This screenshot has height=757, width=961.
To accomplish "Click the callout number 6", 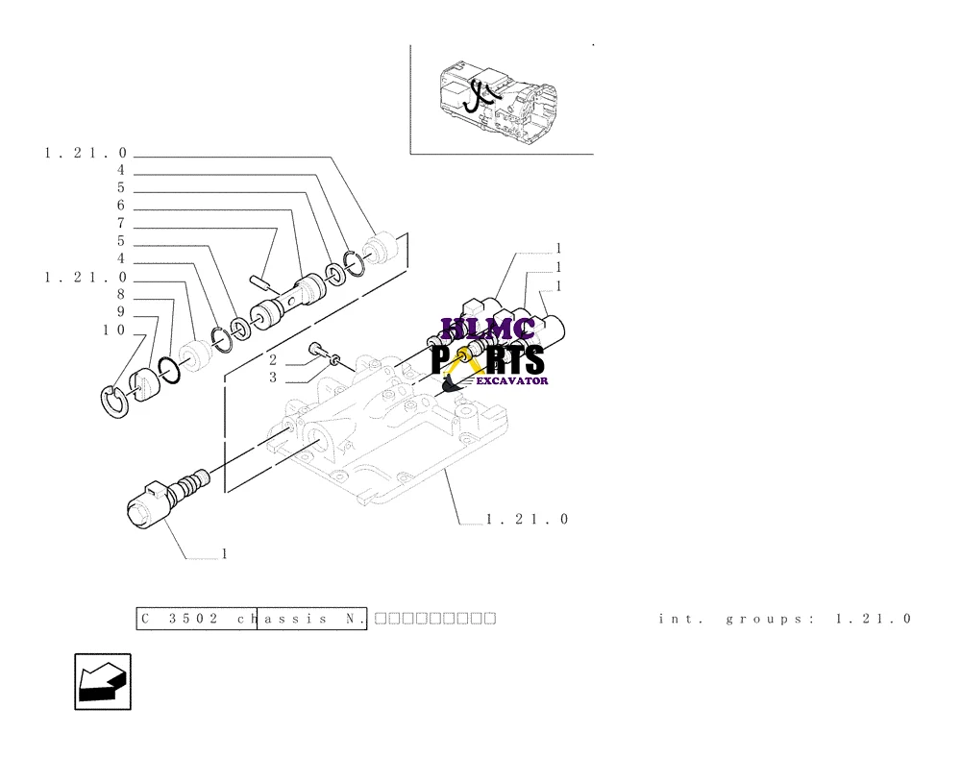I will pyautogui.click(x=121, y=206).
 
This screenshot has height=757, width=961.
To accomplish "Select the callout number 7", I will pyautogui.click(x=121, y=224).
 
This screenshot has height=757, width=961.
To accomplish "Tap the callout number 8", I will pyautogui.click(x=121, y=294).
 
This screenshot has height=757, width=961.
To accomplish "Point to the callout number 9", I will pyautogui.click(x=121, y=312).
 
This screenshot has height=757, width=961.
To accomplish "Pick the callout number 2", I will pyautogui.click(x=273, y=359).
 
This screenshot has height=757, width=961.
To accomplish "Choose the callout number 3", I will pyautogui.click(x=273, y=378).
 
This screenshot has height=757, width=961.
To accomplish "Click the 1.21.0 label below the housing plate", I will pyautogui.click(x=528, y=520).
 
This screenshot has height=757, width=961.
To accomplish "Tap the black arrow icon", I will pyautogui.click(x=103, y=682).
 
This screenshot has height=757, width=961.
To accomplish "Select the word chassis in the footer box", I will pyautogui.click(x=279, y=619).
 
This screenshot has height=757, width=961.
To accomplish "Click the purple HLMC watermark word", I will pyautogui.click(x=487, y=330).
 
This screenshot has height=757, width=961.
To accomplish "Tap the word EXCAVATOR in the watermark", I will pyautogui.click(x=514, y=380).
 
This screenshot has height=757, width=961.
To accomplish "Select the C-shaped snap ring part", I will pyautogui.click(x=114, y=399).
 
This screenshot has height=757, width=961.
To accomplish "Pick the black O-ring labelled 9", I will pyautogui.click(x=168, y=369).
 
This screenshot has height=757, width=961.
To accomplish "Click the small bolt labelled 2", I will pyautogui.click(x=318, y=351).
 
